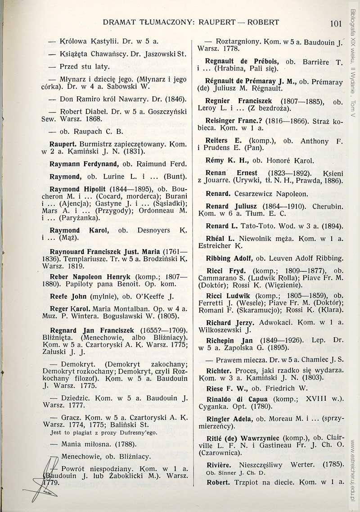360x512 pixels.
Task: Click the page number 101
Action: tap(336, 23)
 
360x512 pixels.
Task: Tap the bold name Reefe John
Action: tap(68, 296)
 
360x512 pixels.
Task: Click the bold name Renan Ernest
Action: tap(231, 173)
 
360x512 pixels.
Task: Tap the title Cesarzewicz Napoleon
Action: tap(271, 194)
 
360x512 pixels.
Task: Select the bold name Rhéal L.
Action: tap(220, 238)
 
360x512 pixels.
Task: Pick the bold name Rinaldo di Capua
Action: tap(237, 399)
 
